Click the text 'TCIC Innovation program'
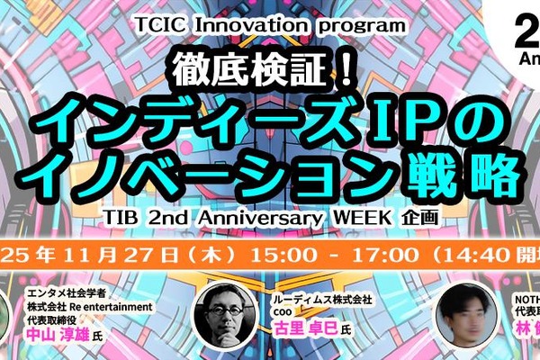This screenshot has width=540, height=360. point(269,24)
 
